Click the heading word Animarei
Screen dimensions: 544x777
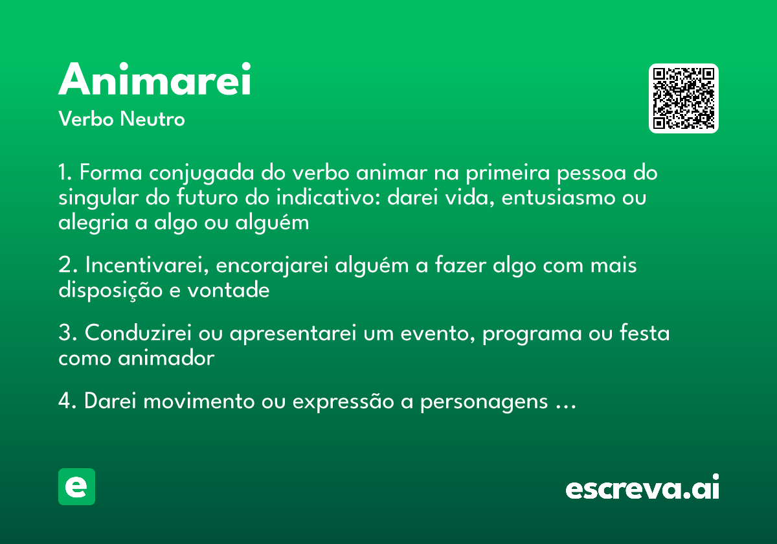[155, 80]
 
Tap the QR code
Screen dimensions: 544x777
[684, 98]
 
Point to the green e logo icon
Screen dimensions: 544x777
[76, 486]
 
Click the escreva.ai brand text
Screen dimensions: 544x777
[642, 488]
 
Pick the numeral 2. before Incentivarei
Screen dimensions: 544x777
[67, 266]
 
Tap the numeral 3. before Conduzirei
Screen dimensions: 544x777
[67, 334]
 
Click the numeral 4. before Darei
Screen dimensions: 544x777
[68, 402]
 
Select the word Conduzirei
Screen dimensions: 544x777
[147, 334]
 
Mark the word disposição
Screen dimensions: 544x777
[110, 291]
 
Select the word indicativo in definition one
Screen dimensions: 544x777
[330, 198]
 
